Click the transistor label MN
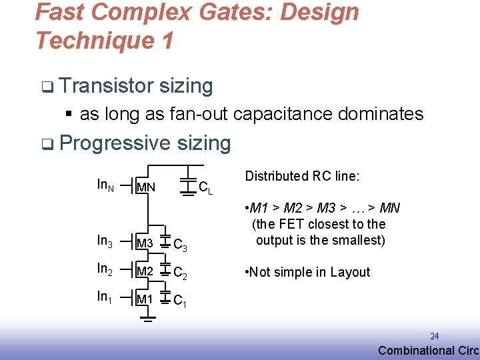pos(145,187)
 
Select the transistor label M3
pos(145,244)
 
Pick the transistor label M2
pos(145,271)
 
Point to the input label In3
pos(105,241)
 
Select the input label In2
pos(105,269)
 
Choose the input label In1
pos(105,297)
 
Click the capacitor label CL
pos(206,188)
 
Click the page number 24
pos(434,337)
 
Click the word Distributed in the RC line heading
pos(273,176)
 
